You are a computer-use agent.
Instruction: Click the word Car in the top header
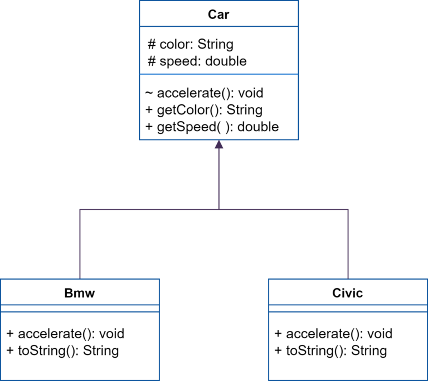click(218, 15)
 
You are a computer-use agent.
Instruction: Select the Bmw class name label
click(80, 293)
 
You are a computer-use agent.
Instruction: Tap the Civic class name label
click(348, 293)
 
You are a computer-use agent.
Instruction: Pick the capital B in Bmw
click(69, 293)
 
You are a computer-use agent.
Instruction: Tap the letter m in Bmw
click(79, 294)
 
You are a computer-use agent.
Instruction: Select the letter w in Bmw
click(90, 294)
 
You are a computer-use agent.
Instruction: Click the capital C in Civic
click(337, 293)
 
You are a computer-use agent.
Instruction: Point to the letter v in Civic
click(349, 294)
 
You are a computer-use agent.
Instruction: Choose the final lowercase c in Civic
click(359, 294)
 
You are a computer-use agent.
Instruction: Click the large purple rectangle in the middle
click(214, 208)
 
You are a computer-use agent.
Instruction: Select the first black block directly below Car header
click(189, 55)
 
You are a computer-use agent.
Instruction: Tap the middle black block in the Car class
click(201, 102)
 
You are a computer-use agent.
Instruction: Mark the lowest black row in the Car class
click(206, 127)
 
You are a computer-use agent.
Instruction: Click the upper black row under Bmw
click(61, 334)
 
